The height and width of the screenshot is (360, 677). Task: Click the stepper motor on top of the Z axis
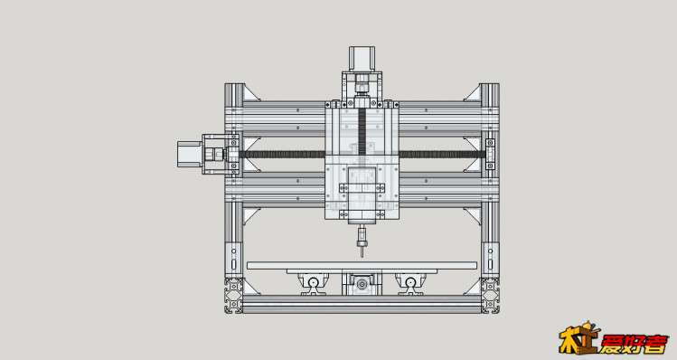pyautogui.click(x=362, y=59)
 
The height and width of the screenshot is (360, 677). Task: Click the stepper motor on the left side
pyautogui.click(x=189, y=155)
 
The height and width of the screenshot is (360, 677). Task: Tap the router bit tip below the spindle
pyautogui.click(x=362, y=253)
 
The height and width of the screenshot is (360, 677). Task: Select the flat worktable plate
pyautogui.click(x=362, y=265)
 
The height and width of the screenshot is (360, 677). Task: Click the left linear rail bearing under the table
pyautogui.click(x=314, y=283)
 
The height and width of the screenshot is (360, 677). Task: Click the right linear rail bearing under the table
pyautogui.click(x=410, y=283)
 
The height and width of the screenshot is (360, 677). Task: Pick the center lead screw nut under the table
pyautogui.click(x=362, y=283)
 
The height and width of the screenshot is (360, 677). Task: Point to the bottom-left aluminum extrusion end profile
pyautogui.click(x=234, y=296)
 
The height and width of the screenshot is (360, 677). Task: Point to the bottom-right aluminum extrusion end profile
pyautogui.click(x=490, y=296)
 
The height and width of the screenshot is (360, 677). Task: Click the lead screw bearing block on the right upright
pyautogui.click(x=490, y=155)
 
